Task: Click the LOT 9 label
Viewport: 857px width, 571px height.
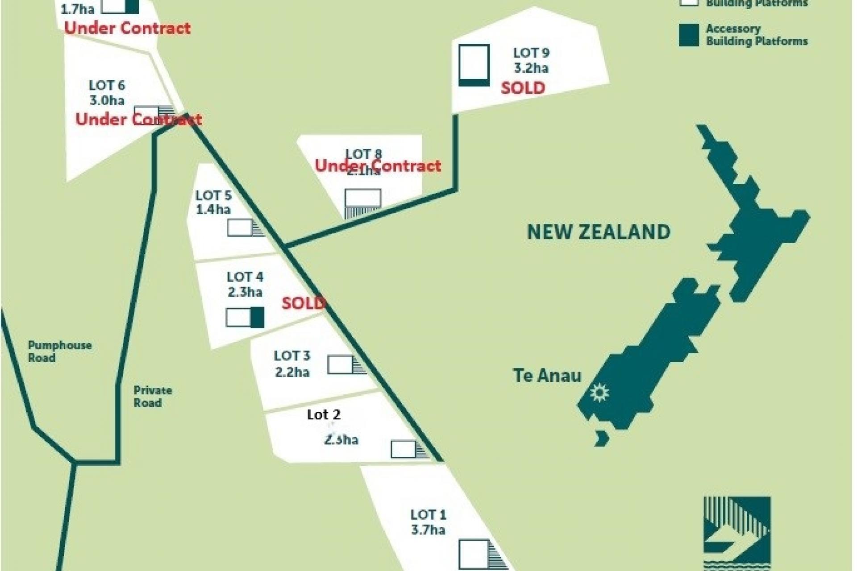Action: coord(531,53)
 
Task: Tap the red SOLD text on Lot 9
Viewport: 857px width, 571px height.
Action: coord(523,88)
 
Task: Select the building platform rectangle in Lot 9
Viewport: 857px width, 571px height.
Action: coord(474,65)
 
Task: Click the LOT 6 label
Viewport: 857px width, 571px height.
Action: coord(107,85)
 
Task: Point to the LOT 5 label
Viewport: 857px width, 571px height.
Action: coord(213,195)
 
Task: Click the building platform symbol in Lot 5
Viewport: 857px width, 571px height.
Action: coord(245,228)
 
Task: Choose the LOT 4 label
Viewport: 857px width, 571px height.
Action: coord(245,277)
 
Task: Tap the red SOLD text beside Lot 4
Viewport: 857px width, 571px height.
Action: coord(303,303)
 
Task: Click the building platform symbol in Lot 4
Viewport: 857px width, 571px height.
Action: coord(245,318)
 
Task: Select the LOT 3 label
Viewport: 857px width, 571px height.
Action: coord(292,356)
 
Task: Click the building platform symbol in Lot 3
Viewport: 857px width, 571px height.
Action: coord(346,365)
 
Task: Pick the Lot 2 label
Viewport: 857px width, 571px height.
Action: coord(324,415)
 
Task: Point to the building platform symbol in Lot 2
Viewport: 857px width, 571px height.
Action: coord(409,449)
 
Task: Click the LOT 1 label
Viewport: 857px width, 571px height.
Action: coord(428,515)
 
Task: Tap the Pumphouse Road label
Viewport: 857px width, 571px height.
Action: coord(59,352)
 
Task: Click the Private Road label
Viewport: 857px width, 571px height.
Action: coord(152,397)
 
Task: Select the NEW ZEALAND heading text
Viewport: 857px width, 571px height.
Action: coord(599,232)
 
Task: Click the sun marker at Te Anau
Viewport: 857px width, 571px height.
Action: coord(599,393)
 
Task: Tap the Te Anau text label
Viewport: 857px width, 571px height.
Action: coord(547,376)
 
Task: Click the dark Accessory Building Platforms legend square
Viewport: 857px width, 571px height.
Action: coord(689,35)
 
